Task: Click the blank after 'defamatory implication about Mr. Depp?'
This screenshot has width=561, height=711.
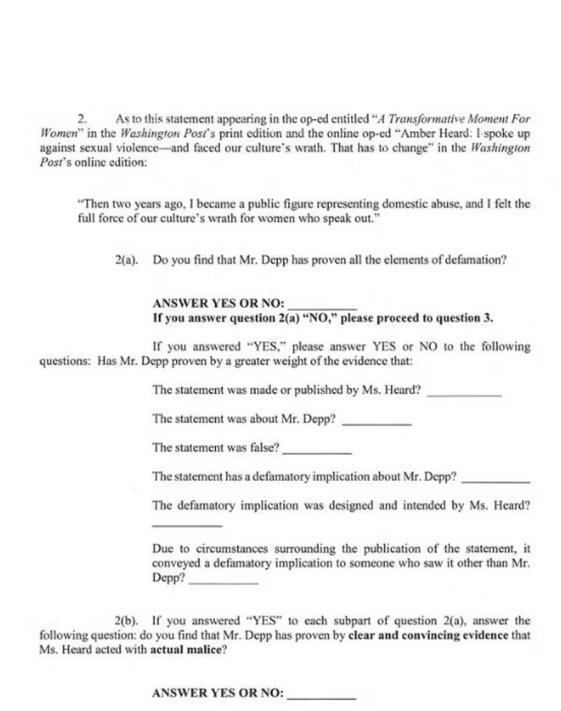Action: pyautogui.click(x=495, y=479)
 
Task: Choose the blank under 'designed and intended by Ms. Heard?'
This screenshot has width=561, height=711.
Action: pyautogui.click(x=187, y=524)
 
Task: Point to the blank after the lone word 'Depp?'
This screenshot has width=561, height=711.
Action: pyautogui.click(x=224, y=582)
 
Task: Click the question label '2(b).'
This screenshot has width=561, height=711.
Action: pyautogui.click(x=127, y=620)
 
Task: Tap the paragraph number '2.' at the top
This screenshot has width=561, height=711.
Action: pyautogui.click(x=82, y=119)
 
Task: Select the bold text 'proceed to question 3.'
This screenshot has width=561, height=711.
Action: pyautogui.click(x=439, y=319)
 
